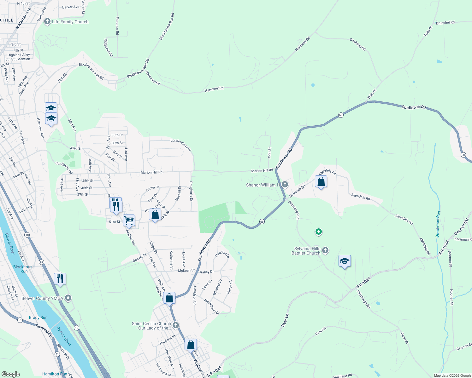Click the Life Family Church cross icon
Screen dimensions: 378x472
pyautogui.click(x=47, y=22)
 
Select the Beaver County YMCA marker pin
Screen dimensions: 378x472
pyautogui.click(x=68, y=298)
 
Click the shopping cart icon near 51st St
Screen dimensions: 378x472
pyautogui.click(x=129, y=220)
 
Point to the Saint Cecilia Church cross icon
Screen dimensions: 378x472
pyautogui.click(x=176, y=325)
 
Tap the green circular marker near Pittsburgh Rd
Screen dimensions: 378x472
pyautogui.click(x=319, y=232)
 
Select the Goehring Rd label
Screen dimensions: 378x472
pyautogui.click(x=357, y=44)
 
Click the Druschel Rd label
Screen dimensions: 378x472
pyautogui.click(x=445, y=23)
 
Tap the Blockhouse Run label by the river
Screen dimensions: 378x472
pyautogui.click(x=24, y=269)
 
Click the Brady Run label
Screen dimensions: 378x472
pyautogui.click(x=38, y=318)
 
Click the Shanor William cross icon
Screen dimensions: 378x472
pyautogui.click(x=285, y=185)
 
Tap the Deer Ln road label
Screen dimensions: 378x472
pyautogui.click(x=285, y=320)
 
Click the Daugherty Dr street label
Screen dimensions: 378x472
pyautogui.click(x=191, y=191)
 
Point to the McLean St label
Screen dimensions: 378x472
pyautogui.click(x=186, y=271)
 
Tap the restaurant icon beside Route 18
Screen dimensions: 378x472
pyautogui.click(x=60, y=278)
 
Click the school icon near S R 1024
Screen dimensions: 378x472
pyautogui.click(x=345, y=261)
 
